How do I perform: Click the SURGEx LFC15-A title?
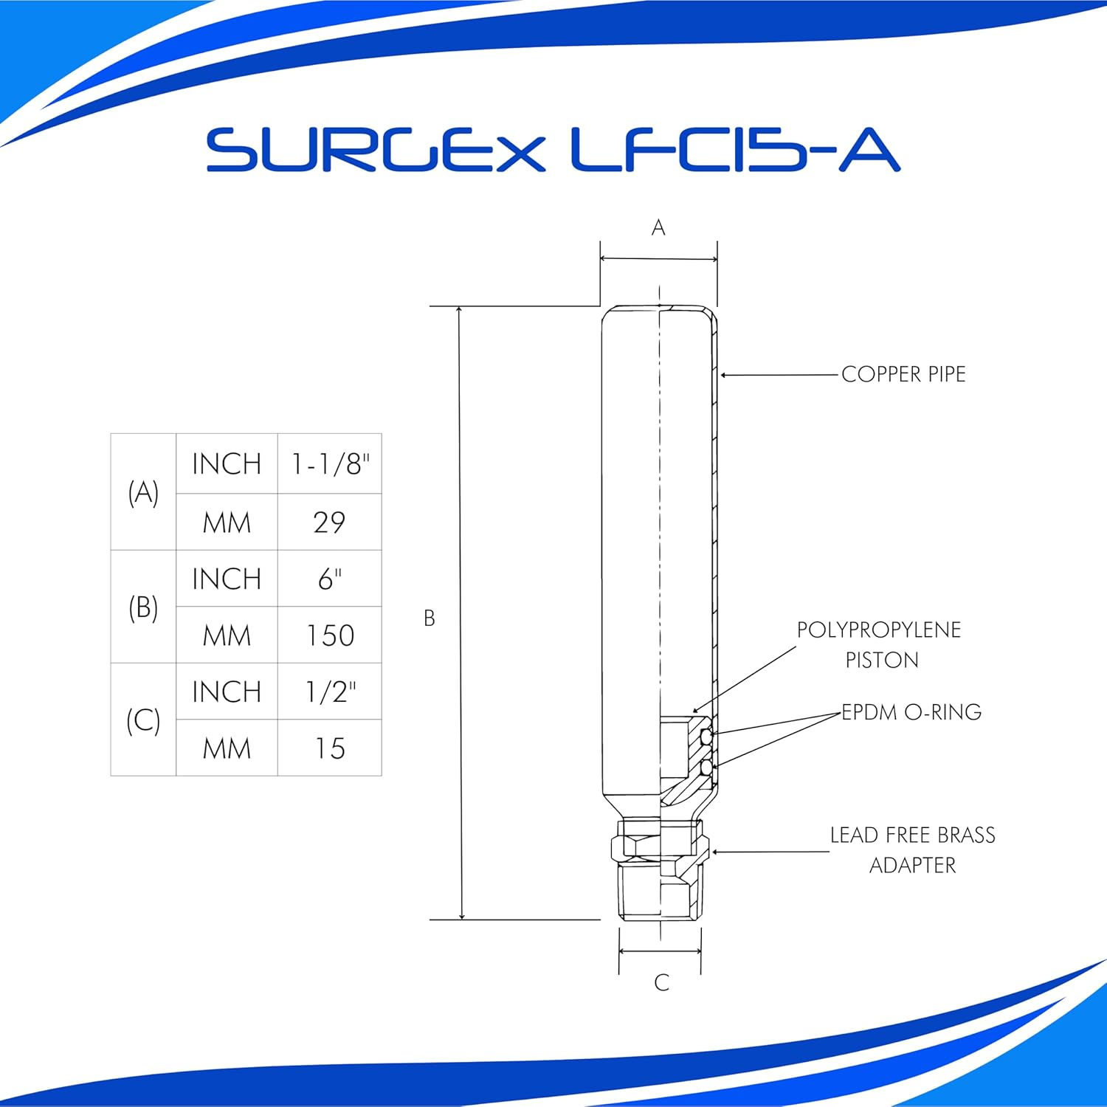coord(553,151)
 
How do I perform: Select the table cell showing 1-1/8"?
coord(330,464)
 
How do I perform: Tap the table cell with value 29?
coord(329,523)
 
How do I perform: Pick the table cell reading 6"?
coord(330,579)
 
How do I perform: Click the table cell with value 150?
coord(330,635)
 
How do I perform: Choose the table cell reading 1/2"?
coord(330,692)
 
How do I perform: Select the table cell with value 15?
coord(330,748)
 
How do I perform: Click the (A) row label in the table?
coord(143,492)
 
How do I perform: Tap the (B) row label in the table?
coord(143,607)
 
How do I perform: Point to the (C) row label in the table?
coord(143,720)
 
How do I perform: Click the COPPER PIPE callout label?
coord(903,374)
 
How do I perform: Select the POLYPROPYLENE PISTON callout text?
coord(879,644)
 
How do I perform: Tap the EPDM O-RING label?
coord(911,712)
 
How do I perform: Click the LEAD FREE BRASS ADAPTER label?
coord(912,849)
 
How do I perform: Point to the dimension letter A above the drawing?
coord(658,228)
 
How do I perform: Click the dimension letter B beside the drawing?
coord(430,618)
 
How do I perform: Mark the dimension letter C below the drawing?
coord(661,982)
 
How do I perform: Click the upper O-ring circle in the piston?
coord(706,737)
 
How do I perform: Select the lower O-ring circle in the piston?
coord(706,768)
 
